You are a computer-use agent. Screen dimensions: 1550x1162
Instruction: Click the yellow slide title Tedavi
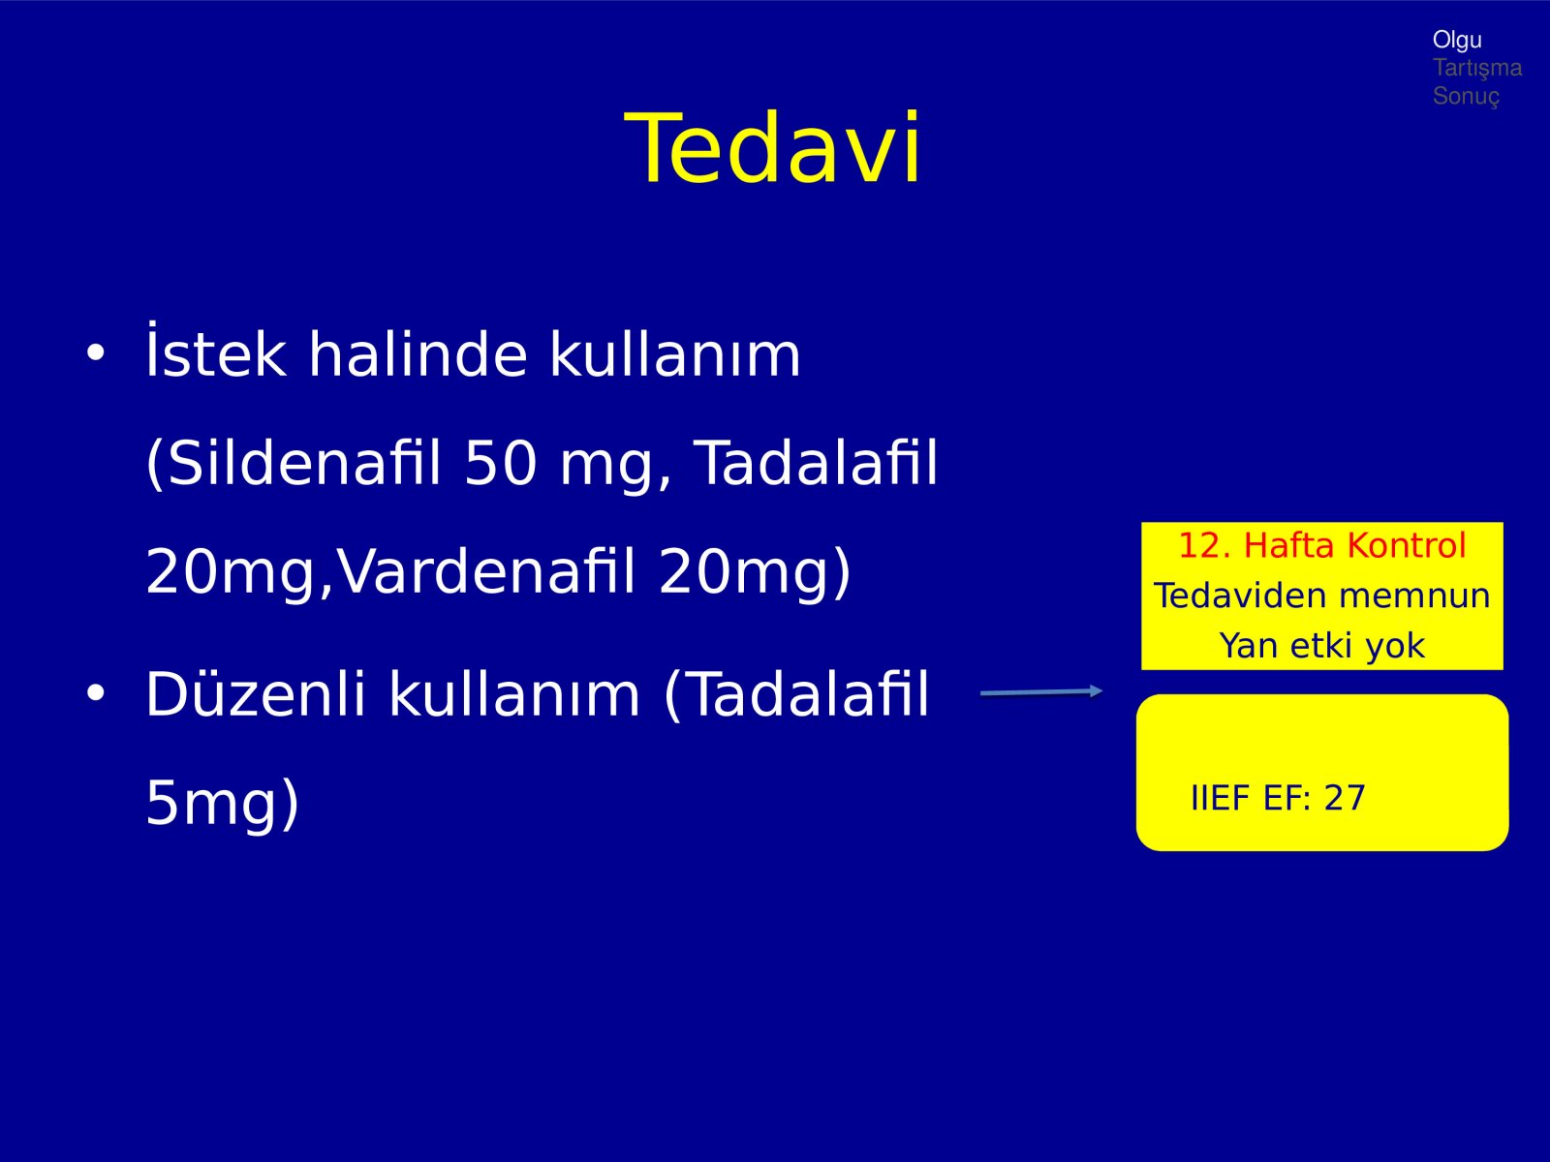[x=772, y=147]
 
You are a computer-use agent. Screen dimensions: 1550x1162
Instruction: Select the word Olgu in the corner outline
[x=1457, y=41]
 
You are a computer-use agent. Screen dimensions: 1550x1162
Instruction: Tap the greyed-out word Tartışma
[x=1477, y=69]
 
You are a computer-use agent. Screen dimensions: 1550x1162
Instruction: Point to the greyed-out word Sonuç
[x=1466, y=96]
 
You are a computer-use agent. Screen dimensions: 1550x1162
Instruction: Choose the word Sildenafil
[x=294, y=463]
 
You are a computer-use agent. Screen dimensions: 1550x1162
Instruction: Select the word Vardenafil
[x=486, y=571]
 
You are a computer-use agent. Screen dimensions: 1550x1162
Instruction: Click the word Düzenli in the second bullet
[x=255, y=694]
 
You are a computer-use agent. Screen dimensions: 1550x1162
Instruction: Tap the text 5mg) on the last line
[x=223, y=804]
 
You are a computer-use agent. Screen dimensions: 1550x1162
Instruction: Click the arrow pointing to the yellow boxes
[x=1041, y=692]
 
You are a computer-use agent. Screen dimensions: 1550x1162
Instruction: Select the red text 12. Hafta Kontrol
[x=1322, y=545]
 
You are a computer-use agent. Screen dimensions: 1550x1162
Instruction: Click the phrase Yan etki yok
[x=1322, y=646]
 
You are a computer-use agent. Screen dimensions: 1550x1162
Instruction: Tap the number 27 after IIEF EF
[x=1345, y=798]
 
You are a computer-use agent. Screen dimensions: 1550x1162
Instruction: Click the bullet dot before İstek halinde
[x=95, y=352]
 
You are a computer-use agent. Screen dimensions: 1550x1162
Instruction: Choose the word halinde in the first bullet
[x=418, y=352]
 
